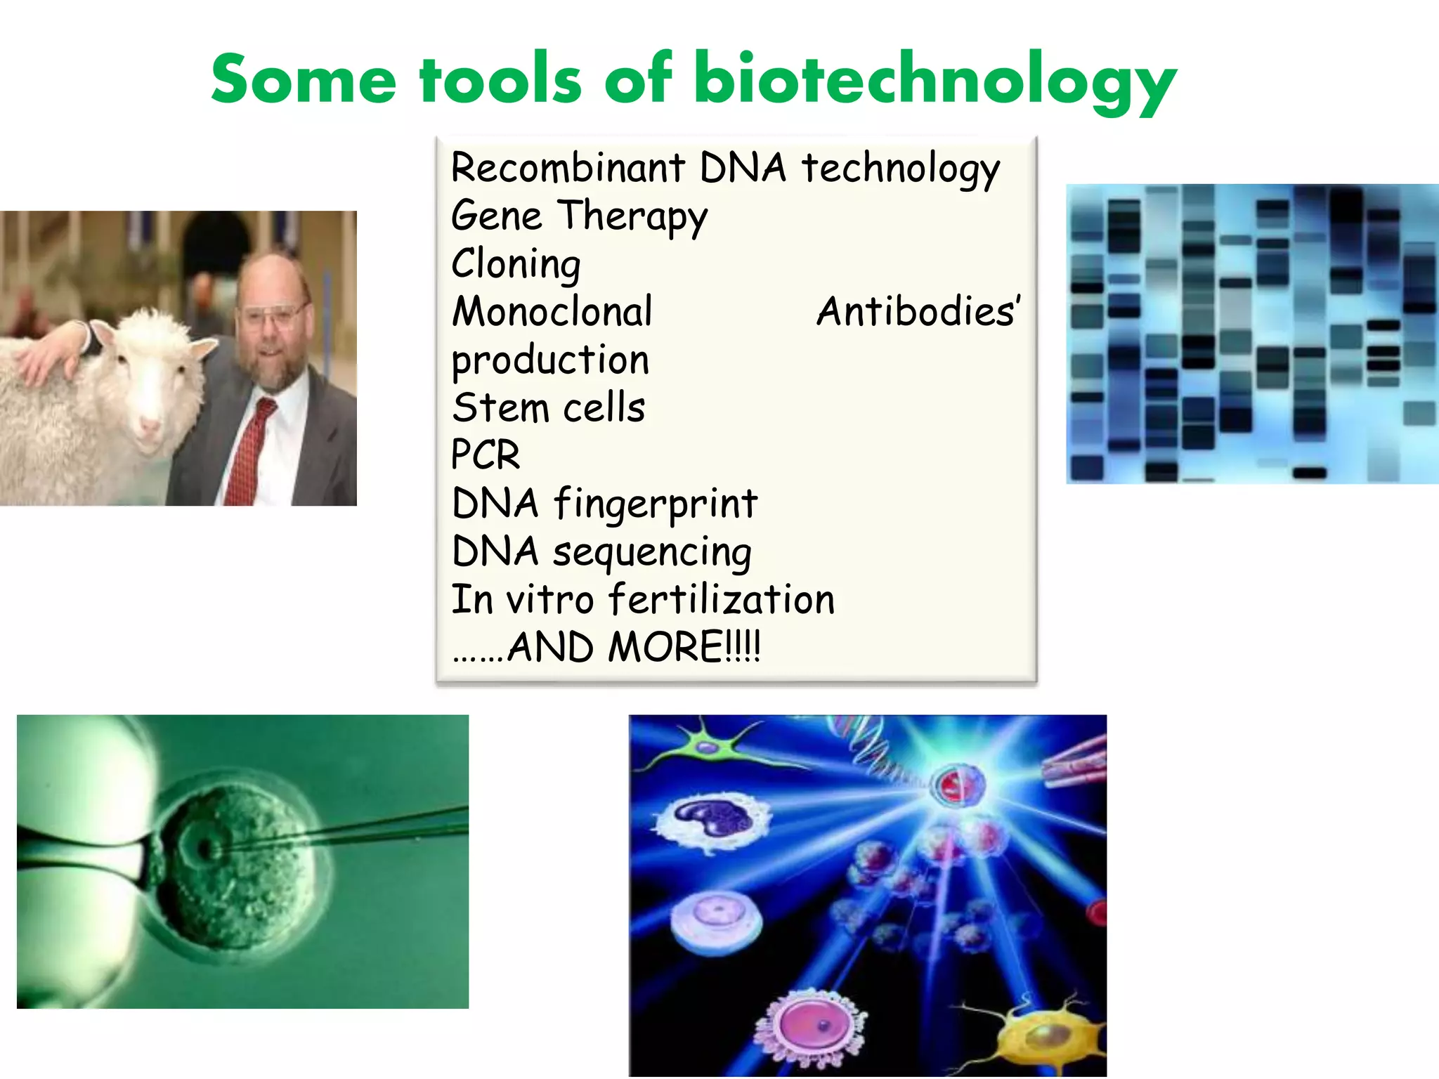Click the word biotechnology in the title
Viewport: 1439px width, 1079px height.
(935, 81)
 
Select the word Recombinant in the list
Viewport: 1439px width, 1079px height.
(568, 168)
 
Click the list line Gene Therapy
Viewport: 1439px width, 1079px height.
(579, 216)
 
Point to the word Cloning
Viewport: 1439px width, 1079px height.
(516, 264)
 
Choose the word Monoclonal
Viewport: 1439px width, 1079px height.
(552, 312)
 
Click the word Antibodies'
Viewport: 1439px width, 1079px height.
(918, 312)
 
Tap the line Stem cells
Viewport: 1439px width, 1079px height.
(548, 408)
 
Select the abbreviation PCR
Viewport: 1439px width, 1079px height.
(486, 455)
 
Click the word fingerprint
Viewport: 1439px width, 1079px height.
(656, 504)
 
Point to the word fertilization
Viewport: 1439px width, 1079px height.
(721, 600)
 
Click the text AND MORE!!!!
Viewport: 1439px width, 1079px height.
(632, 647)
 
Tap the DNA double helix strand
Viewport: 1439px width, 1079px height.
(871, 752)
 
